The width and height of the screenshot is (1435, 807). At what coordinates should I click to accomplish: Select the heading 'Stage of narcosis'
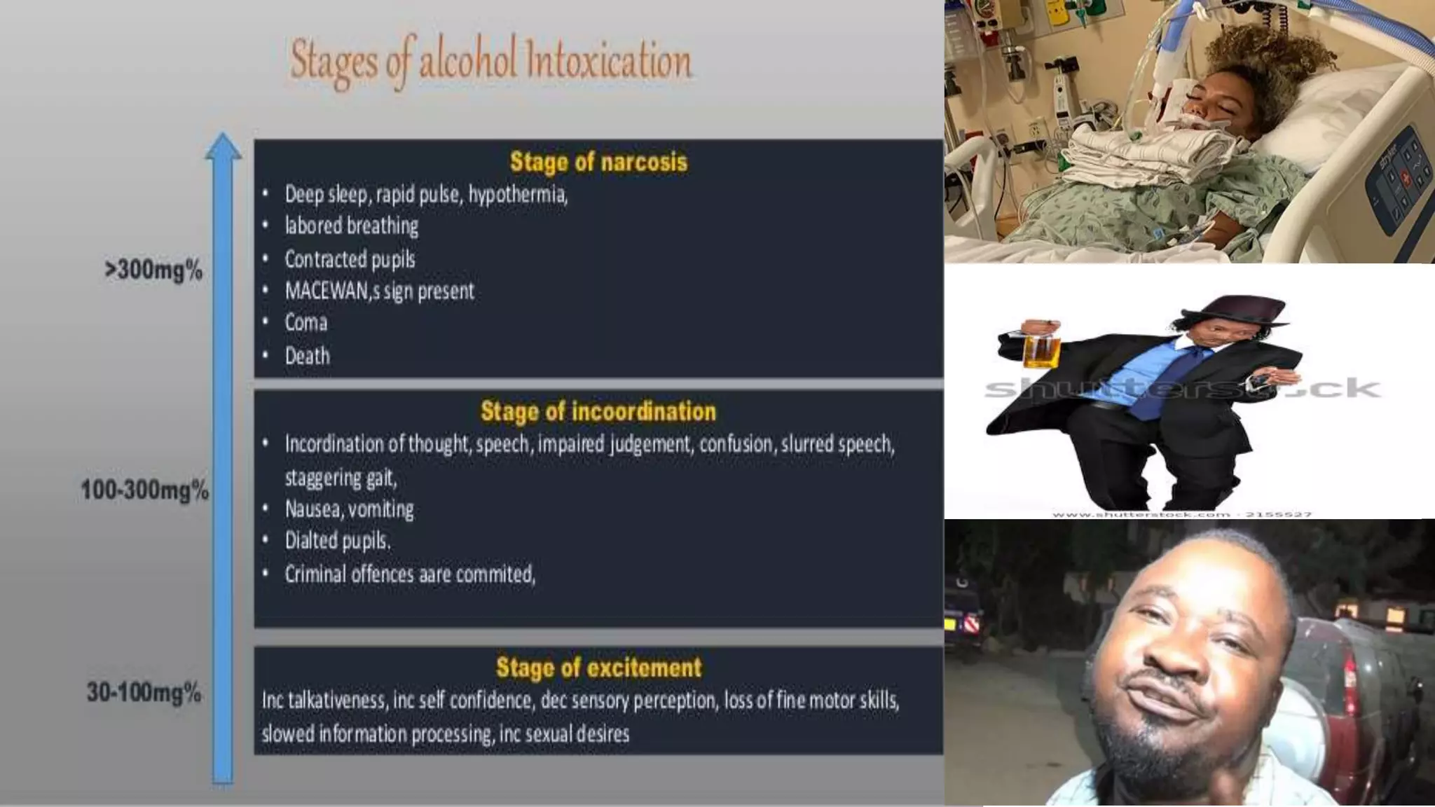coord(598,162)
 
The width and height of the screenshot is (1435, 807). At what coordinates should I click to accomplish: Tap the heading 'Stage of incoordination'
coord(598,411)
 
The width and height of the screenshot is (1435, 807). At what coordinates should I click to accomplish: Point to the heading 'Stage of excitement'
coord(598,668)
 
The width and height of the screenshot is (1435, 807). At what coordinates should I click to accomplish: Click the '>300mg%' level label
coord(153,270)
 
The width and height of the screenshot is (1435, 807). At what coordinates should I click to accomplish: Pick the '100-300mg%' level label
coord(145,490)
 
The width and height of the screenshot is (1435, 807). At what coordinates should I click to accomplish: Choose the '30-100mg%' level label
coord(144,692)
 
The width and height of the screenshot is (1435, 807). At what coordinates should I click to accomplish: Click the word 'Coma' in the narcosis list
coord(306,323)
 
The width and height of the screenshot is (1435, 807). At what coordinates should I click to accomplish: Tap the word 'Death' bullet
coord(307,356)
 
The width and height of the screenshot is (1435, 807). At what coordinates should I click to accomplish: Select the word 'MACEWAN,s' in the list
coord(332,291)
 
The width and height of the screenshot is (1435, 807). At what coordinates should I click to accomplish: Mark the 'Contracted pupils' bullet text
coord(350,259)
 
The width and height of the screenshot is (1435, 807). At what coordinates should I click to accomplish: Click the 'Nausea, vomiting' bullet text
coord(349,509)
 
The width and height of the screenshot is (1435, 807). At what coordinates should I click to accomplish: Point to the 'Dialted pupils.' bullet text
coord(338,541)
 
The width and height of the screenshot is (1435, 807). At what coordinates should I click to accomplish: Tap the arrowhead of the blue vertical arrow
coord(223,146)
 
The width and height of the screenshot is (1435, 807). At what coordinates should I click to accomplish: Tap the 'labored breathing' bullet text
coord(351,226)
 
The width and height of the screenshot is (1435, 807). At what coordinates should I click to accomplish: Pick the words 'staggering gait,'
coord(341,478)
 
